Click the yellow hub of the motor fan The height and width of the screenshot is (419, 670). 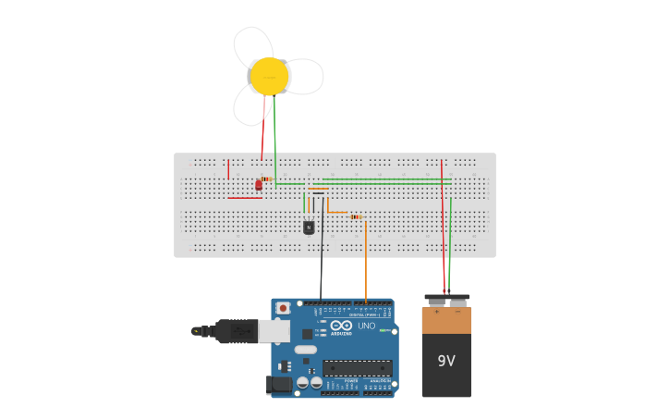(x=269, y=77)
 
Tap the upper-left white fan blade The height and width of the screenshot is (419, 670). (x=250, y=45)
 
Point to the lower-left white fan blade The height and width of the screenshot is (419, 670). (x=250, y=106)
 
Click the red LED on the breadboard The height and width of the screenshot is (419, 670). (x=258, y=185)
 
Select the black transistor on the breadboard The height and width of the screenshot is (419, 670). (x=309, y=228)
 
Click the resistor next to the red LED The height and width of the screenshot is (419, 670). (x=266, y=179)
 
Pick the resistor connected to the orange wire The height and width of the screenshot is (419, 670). (x=356, y=216)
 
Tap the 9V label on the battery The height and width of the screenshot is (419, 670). (x=446, y=361)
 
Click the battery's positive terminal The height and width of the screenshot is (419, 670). (x=435, y=300)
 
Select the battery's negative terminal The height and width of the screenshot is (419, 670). (x=457, y=300)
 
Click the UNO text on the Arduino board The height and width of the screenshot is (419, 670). (x=367, y=325)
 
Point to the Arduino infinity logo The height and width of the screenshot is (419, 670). (x=341, y=325)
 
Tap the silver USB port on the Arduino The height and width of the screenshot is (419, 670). (x=274, y=330)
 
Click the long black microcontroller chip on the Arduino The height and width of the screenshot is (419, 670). (x=357, y=368)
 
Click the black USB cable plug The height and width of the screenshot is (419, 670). (x=236, y=330)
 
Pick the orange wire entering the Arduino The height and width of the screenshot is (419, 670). (x=366, y=268)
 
